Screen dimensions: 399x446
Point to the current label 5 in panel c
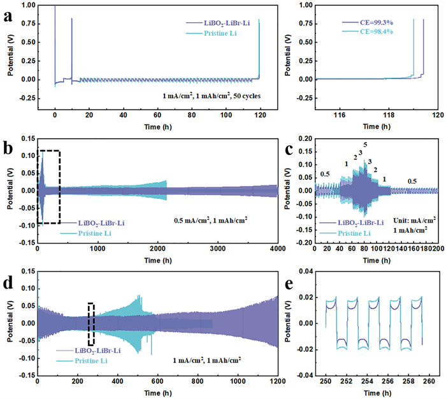pyautogui.click(x=366, y=144)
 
